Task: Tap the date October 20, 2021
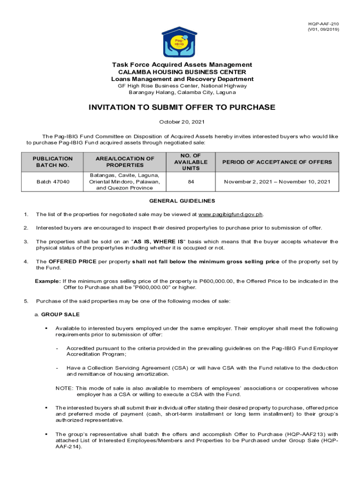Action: point(182,122)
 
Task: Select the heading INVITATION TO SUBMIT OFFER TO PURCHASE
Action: point(182,108)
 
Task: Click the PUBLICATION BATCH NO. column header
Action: point(53,162)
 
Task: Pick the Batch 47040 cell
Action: point(53,181)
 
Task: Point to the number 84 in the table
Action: point(191,181)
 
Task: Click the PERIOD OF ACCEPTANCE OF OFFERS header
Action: point(277,162)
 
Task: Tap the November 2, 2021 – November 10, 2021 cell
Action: point(277,181)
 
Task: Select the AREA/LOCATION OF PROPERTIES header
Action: point(124,162)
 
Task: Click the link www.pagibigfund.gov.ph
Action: point(230,215)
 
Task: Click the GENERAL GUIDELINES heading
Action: point(182,201)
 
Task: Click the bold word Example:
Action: point(48,281)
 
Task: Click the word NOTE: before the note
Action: point(64,388)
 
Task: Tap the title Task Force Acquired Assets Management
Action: point(182,65)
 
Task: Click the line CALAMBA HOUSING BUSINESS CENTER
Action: point(182,72)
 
